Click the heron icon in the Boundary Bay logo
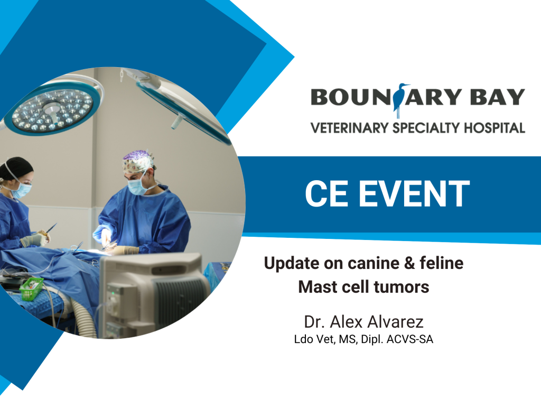click(x=400, y=100)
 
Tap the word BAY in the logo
click(x=497, y=97)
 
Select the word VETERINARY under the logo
click(x=350, y=128)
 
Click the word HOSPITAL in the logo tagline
click(x=495, y=128)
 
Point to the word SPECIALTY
click(x=426, y=128)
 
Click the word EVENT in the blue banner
click(x=414, y=193)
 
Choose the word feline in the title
click(x=442, y=263)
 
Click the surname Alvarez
click(x=395, y=322)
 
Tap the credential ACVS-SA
click(x=409, y=339)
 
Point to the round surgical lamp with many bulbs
click(x=53, y=108)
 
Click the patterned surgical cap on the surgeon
click(x=138, y=161)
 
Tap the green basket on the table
click(x=32, y=289)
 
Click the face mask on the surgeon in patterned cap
click(x=137, y=186)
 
